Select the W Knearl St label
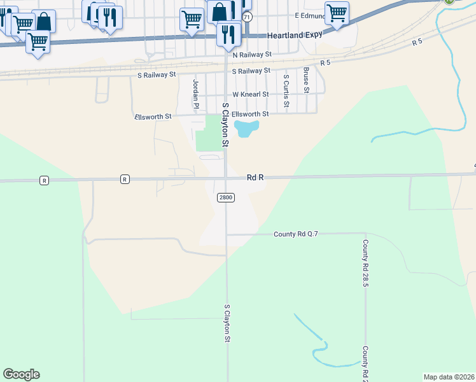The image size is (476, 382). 251,94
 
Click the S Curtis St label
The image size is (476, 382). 286,90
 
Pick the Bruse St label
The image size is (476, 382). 306,80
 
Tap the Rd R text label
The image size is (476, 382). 255,179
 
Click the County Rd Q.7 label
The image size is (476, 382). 295,234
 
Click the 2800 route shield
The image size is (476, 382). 226,197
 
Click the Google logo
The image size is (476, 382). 21,374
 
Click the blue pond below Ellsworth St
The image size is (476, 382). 245,129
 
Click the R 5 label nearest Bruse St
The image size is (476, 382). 326,63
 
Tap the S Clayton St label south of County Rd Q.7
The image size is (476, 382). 227,323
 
